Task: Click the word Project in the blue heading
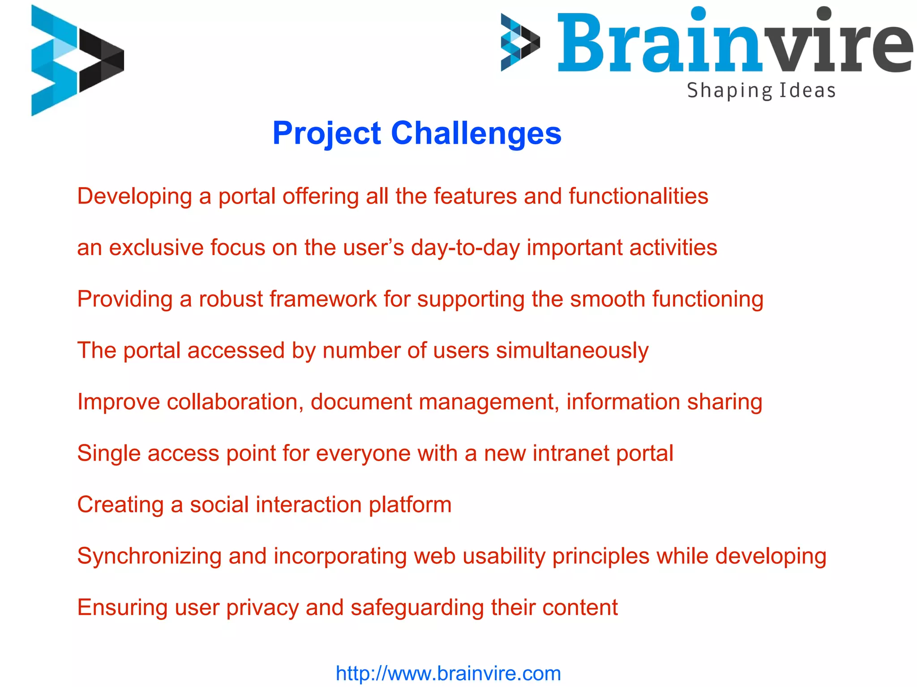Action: point(326,133)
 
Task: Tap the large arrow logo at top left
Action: point(77,60)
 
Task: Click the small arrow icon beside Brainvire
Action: point(520,43)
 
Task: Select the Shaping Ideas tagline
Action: point(761,91)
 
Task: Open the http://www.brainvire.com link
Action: point(448,673)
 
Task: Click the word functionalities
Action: point(638,196)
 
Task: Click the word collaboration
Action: point(232,401)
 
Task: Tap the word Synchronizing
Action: point(149,556)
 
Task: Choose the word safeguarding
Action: point(417,608)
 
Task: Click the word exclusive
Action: point(156,247)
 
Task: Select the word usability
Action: point(504,556)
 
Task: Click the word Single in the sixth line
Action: point(109,453)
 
